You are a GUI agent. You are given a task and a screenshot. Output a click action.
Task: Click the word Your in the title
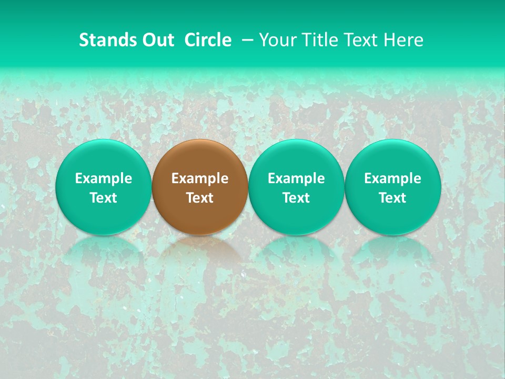tap(276, 40)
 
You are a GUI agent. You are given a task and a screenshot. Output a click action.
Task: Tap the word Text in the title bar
tap(359, 40)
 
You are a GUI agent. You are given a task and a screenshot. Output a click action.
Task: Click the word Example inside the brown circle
tap(200, 178)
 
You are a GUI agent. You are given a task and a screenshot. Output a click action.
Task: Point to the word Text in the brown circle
tap(200, 198)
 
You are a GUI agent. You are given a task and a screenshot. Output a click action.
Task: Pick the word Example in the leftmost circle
tap(103, 178)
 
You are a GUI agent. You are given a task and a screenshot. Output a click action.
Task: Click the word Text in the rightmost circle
tap(393, 198)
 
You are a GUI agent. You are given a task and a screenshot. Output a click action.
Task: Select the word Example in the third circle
tap(296, 178)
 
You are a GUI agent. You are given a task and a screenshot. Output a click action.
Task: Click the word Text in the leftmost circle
tap(103, 198)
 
